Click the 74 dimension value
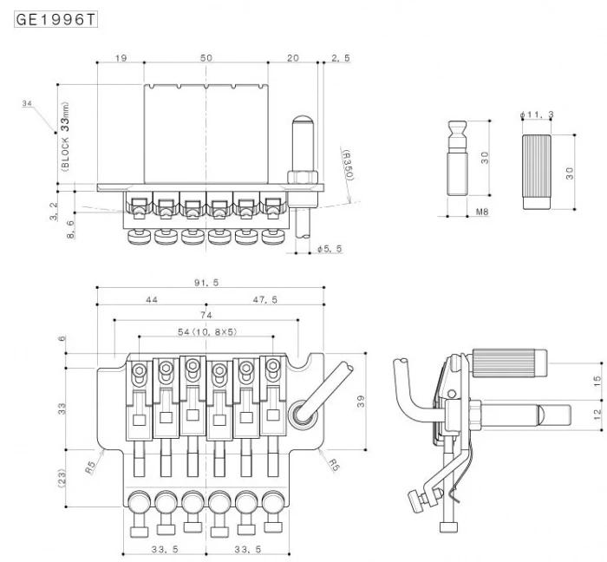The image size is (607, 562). pyautogui.click(x=206, y=316)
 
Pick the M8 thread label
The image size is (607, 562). pyautogui.click(x=483, y=211)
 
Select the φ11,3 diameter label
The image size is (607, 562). pyautogui.click(x=536, y=115)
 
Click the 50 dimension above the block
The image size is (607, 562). pyautogui.click(x=206, y=57)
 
